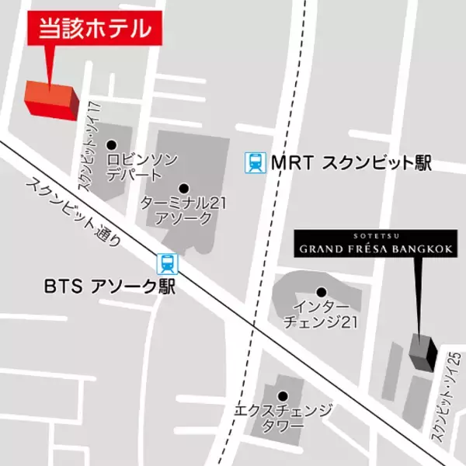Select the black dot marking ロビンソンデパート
(111, 144)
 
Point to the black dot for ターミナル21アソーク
(184, 187)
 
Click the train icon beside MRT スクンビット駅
(254, 162)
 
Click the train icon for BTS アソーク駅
(166, 263)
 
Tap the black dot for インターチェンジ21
(319, 292)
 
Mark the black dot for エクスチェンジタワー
(283, 395)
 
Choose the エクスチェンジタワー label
(283, 417)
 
